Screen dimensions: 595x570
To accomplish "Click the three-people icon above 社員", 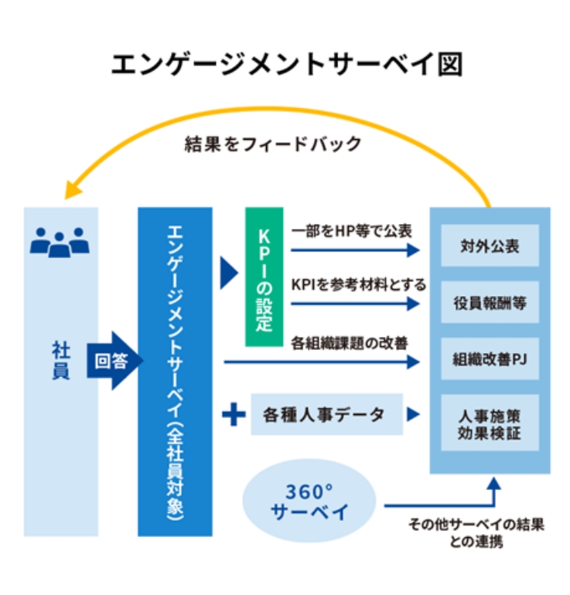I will click(x=60, y=243).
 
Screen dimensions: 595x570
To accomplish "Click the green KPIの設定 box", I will click(x=265, y=276).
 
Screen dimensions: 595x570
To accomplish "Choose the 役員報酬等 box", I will click(x=490, y=304).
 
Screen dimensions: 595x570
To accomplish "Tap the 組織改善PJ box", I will click(x=490, y=359).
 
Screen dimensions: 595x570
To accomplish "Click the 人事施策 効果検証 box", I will click(x=490, y=424).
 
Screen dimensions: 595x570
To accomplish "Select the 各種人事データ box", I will click(x=328, y=415).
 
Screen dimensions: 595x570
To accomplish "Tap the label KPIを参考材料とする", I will click(x=358, y=284).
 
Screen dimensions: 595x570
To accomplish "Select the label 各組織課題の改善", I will click(x=349, y=341).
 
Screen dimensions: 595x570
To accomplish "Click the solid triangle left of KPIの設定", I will click(x=228, y=272).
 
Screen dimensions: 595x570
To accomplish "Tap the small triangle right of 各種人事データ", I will click(x=414, y=415).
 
